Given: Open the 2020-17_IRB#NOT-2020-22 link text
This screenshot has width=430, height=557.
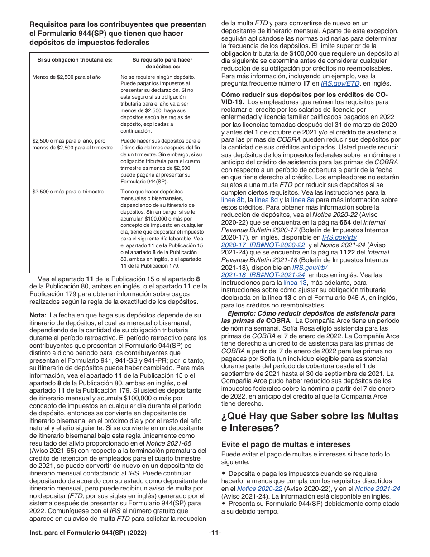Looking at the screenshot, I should pyautogui.click(x=263, y=245).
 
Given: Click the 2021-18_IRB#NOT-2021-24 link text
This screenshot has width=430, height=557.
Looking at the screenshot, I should pyautogui.click(x=263, y=275).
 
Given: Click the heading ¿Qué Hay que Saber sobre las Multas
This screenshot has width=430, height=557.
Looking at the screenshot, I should pyautogui.click(x=310, y=416).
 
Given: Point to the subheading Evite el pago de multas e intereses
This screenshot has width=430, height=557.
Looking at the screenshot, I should pyautogui.click(x=286, y=444).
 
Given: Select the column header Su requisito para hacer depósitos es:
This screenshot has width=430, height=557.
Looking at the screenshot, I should pyautogui.click(x=162, y=63).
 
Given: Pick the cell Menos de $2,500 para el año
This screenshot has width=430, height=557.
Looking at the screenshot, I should pyautogui.click(x=67, y=77).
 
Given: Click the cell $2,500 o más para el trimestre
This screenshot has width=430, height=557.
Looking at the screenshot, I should pyautogui.click(x=68, y=192).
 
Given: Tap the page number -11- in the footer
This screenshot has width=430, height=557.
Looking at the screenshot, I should pyautogui.click(x=215, y=533).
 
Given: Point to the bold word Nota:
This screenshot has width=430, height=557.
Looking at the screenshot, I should pyautogui.click(x=38, y=315).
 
